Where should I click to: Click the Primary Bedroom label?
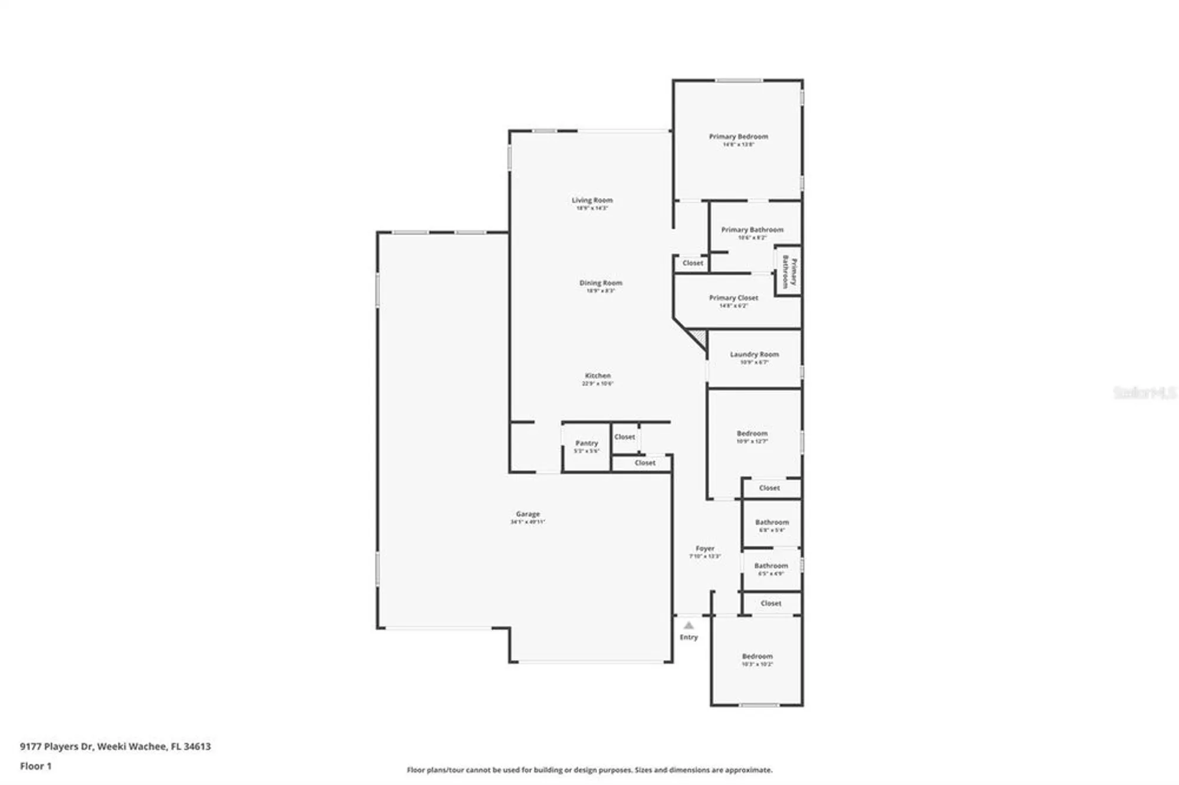click(738, 137)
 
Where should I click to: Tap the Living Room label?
click(592, 200)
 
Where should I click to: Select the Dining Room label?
click(600, 283)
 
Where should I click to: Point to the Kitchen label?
click(597, 375)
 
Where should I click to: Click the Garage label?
click(528, 514)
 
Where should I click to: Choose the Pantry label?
click(587, 443)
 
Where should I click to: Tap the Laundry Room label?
click(754, 354)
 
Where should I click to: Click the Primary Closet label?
click(733, 298)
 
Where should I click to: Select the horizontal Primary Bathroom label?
click(752, 230)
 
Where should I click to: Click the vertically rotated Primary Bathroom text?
click(789, 272)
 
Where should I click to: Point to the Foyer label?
click(704, 548)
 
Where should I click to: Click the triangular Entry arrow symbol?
click(689, 625)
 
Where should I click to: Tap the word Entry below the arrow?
click(689, 637)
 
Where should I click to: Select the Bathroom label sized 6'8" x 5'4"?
click(772, 522)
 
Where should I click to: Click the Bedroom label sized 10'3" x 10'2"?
click(757, 656)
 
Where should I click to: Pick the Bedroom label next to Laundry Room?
click(752, 433)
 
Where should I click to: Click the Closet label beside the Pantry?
click(624, 437)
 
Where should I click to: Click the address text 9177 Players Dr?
click(57, 746)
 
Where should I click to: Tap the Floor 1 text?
click(35, 766)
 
